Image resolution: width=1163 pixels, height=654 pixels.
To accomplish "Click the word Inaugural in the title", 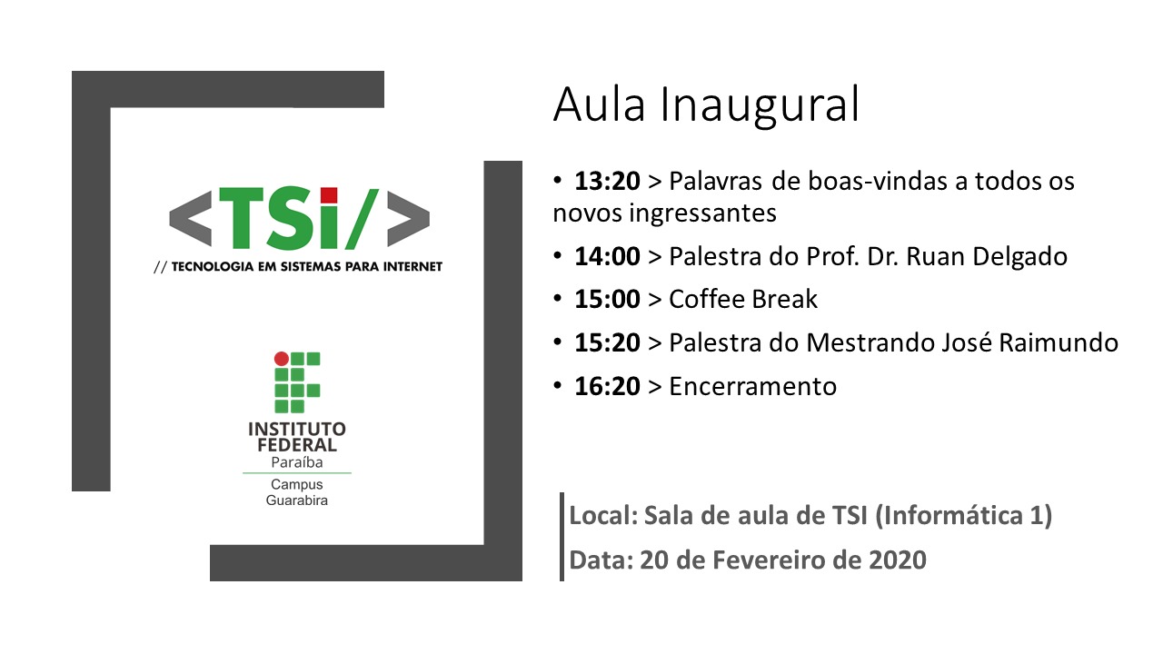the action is pyautogui.click(x=760, y=106).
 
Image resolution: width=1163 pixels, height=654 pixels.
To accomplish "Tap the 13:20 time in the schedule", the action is pyautogui.click(x=607, y=181).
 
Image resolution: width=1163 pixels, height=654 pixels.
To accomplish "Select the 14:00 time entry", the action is pyautogui.click(x=607, y=256).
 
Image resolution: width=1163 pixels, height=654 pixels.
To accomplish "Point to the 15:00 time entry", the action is pyautogui.click(x=607, y=300).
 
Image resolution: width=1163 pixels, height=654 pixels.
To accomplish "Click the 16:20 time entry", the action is pyautogui.click(x=607, y=387).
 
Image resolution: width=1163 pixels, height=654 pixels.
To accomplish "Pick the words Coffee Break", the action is pyautogui.click(x=743, y=300).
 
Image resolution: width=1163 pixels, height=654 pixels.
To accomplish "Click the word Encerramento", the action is pyautogui.click(x=752, y=387).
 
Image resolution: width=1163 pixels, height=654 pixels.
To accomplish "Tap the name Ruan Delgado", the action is pyautogui.click(x=987, y=257).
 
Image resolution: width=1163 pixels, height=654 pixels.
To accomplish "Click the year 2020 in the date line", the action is pyautogui.click(x=898, y=560).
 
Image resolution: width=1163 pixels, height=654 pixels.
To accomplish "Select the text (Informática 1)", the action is pyautogui.click(x=964, y=516).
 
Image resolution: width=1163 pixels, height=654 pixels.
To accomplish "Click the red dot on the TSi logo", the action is pyautogui.click(x=329, y=195).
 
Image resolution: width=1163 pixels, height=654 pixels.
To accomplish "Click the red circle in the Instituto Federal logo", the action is pyautogui.click(x=282, y=359).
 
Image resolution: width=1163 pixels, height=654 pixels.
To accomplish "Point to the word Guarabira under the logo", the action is pyautogui.click(x=296, y=500).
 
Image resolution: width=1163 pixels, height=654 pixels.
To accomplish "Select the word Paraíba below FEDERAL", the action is pyautogui.click(x=296, y=462).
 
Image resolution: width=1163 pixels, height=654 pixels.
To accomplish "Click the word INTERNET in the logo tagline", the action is pyautogui.click(x=413, y=267).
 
